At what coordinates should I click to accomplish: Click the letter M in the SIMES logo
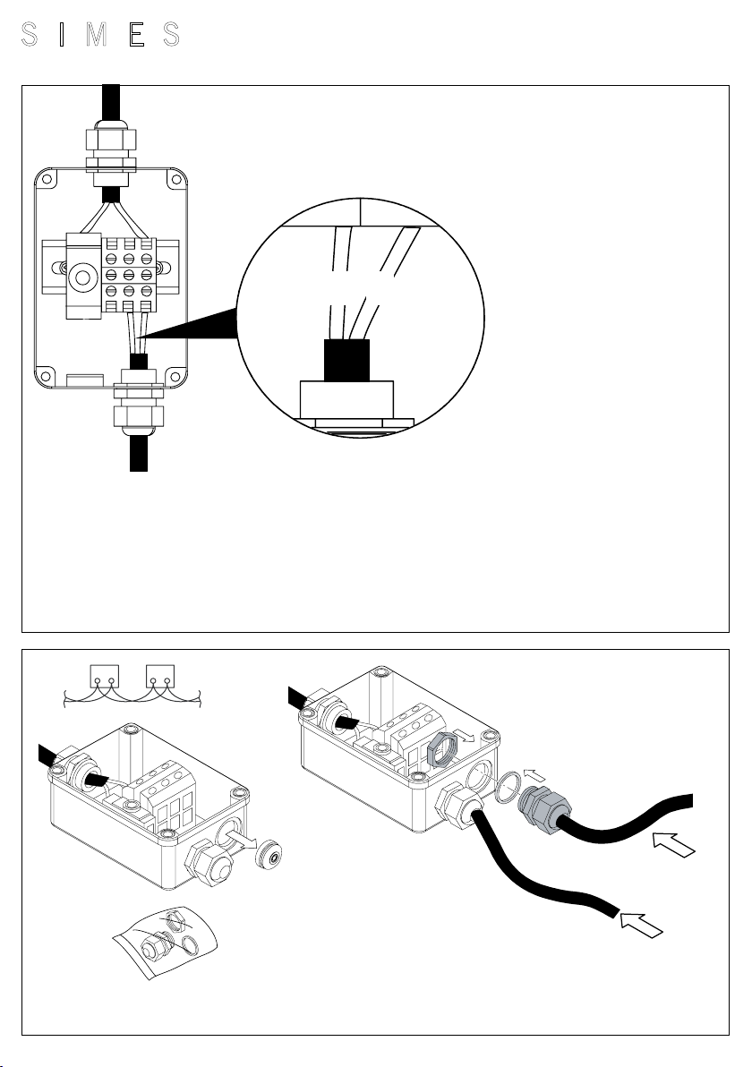coord(97,34)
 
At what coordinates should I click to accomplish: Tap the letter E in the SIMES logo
coord(137,34)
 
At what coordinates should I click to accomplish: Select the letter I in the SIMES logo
coord(61,34)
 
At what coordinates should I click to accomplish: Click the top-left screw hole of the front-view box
coord(47,180)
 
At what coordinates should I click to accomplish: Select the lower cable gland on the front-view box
coord(139,403)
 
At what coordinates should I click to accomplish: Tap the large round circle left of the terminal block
coord(83,277)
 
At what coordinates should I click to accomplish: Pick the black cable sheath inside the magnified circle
coord(346,360)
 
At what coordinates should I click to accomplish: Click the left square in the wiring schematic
coord(105,677)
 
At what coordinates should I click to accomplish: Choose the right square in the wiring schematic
coord(160,677)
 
